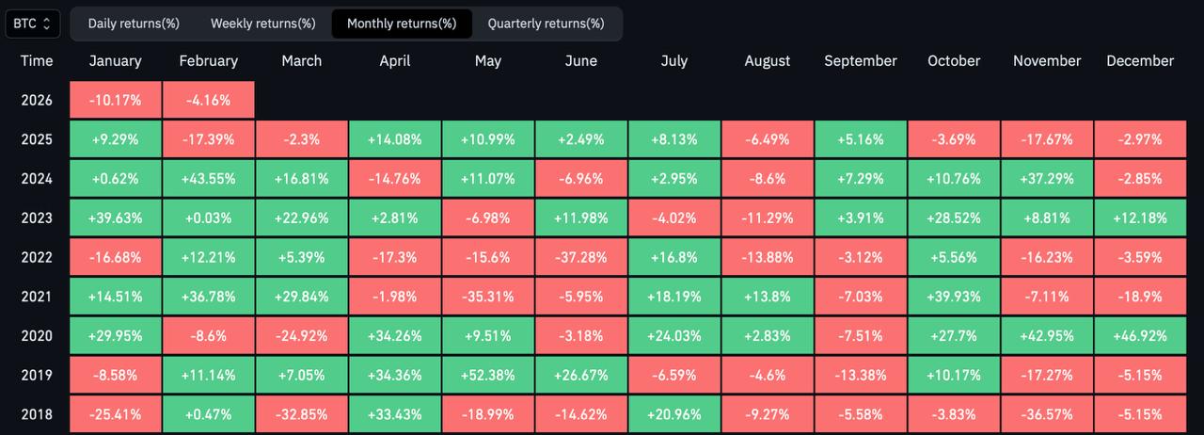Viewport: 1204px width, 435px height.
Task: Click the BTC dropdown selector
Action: [x=33, y=24]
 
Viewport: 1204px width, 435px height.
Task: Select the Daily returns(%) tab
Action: [x=134, y=24]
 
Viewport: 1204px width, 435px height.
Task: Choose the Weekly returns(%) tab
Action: [x=263, y=24]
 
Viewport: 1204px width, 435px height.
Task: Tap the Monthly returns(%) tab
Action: [x=402, y=24]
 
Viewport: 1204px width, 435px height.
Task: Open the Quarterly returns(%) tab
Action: [x=546, y=24]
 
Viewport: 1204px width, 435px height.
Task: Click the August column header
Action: [x=768, y=60]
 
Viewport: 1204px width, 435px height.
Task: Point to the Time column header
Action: [x=37, y=60]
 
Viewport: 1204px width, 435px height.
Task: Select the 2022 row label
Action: [x=37, y=257]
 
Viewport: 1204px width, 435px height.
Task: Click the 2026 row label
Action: [x=37, y=100]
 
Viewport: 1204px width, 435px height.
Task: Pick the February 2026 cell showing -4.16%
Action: [x=208, y=100]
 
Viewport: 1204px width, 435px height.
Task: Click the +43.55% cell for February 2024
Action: [x=208, y=179]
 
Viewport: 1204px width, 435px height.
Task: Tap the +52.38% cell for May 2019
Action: [x=488, y=375]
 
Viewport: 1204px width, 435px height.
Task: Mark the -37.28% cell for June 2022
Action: [x=581, y=257]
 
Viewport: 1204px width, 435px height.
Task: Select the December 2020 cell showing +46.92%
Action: [x=1140, y=335]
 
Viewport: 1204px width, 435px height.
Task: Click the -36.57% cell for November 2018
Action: [x=1047, y=414]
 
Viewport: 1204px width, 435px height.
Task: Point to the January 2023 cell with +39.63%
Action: [x=116, y=217]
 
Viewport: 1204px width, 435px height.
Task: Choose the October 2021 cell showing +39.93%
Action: [x=954, y=297]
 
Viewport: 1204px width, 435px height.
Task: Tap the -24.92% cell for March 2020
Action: [x=301, y=335]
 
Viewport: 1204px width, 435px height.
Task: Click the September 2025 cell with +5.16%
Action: [x=861, y=139]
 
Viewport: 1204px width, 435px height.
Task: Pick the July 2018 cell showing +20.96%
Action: [x=674, y=414]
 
